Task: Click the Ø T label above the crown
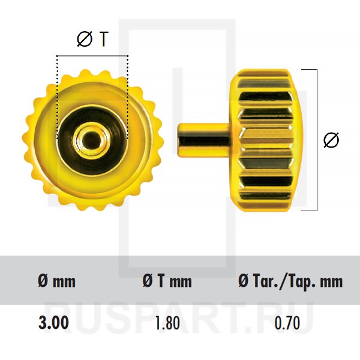click(x=92, y=39)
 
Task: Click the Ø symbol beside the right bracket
click(x=331, y=140)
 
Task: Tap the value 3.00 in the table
click(x=53, y=323)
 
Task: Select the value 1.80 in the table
click(x=167, y=323)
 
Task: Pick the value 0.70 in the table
click(x=287, y=323)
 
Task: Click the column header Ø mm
click(x=57, y=281)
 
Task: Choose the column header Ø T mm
click(x=167, y=281)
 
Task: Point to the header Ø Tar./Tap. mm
click(x=290, y=281)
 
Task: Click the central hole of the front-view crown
click(x=91, y=139)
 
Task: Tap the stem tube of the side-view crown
click(x=204, y=140)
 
